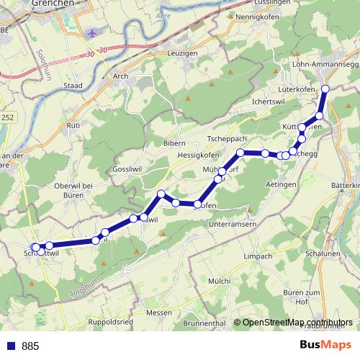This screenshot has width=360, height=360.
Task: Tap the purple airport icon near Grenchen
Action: pos(91,34)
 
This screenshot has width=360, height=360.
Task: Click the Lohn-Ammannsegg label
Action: pos(325,64)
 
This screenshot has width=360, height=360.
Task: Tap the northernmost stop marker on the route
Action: pos(325,89)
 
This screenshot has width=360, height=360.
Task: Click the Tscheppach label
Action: pos(227,138)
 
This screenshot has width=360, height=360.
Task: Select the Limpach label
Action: pos(258,256)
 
